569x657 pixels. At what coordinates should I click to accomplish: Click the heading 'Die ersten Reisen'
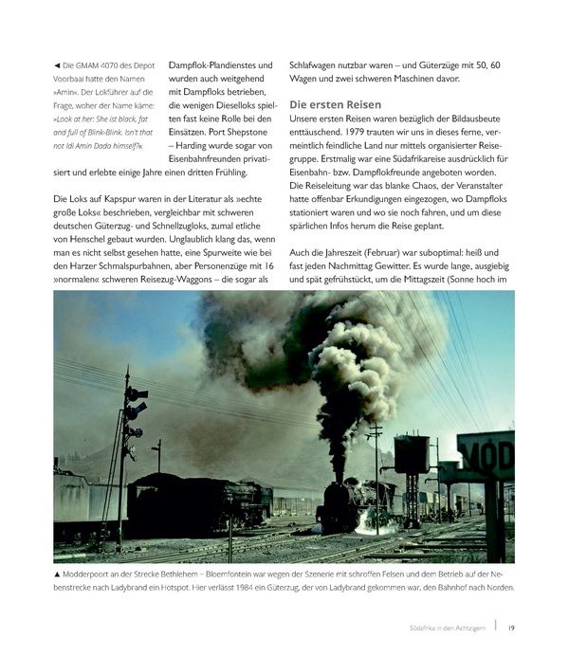pyautogui.click(x=335, y=104)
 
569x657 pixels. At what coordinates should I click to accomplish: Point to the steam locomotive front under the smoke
pyautogui.click(x=339, y=507)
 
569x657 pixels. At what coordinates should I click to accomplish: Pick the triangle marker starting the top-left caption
pyautogui.click(x=58, y=64)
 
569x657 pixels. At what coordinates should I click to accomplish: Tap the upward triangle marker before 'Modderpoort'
pyautogui.click(x=58, y=574)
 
